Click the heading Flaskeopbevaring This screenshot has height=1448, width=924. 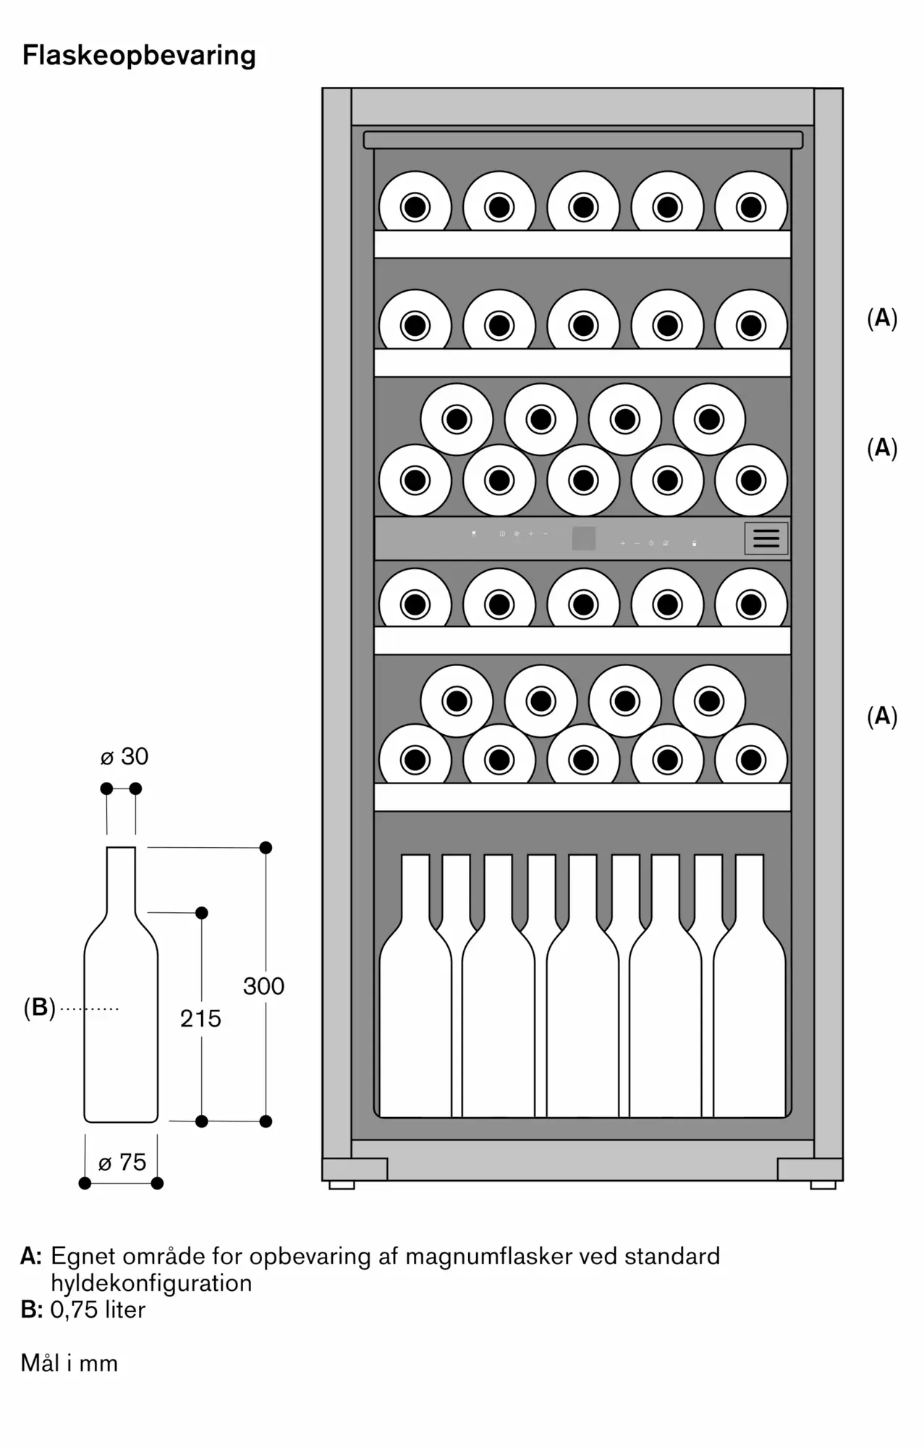click(x=139, y=56)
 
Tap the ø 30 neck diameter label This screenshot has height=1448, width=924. click(x=124, y=757)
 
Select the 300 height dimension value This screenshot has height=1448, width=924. click(x=263, y=986)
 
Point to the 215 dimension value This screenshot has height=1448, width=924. click(x=200, y=1019)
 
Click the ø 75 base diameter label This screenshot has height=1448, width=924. click(x=122, y=1162)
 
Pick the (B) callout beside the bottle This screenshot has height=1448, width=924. click(x=40, y=1007)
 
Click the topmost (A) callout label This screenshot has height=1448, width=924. click(x=882, y=318)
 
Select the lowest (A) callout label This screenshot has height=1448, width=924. click(x=882, y=716)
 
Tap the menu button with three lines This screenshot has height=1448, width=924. click(x=766, y=538)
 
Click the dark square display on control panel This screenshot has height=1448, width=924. click(x=584, y=538)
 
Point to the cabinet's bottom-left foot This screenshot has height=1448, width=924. click(x=342, y=1185)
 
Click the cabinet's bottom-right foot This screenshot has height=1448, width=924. click(x=823, y=1185)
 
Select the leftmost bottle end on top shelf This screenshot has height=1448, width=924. click(x=415, y=207)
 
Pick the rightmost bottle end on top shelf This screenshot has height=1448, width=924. click(x=751, y=207)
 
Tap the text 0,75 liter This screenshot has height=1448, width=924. click(x=98, y=1310)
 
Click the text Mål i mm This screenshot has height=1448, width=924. click(x=69, y=1363)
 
